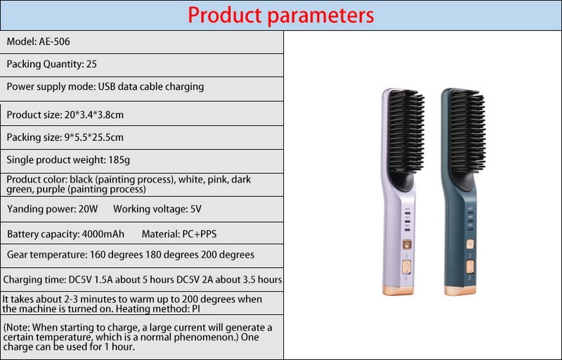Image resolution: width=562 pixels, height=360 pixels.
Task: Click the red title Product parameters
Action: pos(280,15)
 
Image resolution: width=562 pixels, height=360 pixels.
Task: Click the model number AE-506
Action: pos(55,41)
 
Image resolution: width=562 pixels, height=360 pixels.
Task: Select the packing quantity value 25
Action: pos(91,64)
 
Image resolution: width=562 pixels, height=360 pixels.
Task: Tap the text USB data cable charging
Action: pos(151,86)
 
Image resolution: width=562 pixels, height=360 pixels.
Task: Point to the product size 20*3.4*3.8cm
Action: pos(94,115)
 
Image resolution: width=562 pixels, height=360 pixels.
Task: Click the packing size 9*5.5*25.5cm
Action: pos(94,137)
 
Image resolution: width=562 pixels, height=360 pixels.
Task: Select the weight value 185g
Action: pos(119,160)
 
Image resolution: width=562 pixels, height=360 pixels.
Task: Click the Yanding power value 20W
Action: pos(89,209)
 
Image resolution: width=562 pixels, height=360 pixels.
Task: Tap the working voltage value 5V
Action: pos(196,209)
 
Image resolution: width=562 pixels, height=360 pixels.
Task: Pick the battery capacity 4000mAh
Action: pos(103,234)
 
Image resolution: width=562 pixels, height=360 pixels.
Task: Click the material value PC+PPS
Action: pos(200,234)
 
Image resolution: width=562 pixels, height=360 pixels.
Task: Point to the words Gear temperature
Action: pos(47,255)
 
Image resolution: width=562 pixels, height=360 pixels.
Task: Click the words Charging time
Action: pos(34,280)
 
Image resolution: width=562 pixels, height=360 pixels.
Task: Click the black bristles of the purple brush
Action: pos(407,131)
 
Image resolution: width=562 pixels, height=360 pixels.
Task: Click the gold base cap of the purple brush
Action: pos(398,290)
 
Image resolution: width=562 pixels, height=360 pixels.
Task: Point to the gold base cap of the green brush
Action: pos(460,290)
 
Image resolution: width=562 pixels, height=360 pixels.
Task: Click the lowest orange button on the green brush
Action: pos(470,266)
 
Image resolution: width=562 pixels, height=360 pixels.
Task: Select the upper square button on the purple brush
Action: pos(407,245)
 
